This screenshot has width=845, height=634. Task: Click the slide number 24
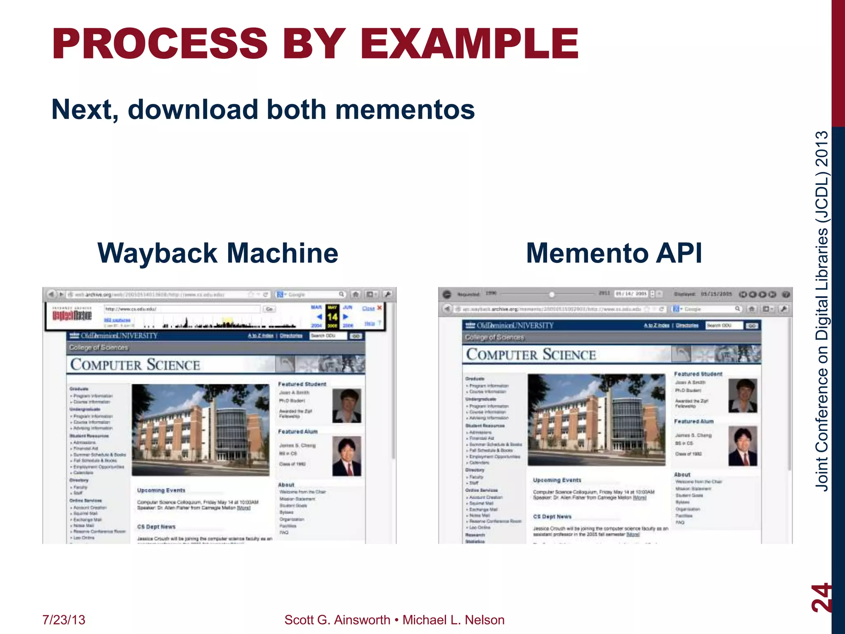click(x=820, y=597)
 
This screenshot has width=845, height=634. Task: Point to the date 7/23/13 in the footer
click(x=64, y=620)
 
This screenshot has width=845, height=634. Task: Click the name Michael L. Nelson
click(x=453, y=620)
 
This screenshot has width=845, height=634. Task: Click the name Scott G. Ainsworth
click(x=337, y=620)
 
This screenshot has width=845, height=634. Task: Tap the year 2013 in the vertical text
click(x=822, y=149)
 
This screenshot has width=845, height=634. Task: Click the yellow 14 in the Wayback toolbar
click(x=332, y=317)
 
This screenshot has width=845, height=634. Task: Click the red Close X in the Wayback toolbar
click(x=379, y=308)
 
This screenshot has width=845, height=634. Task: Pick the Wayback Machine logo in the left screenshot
click(x=72, y=315)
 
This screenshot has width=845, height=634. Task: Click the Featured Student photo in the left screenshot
click(x=347, y=405)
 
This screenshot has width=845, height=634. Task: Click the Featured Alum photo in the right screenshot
click(x=742, y=446)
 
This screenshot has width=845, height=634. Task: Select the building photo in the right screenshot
click(x=596, y=419)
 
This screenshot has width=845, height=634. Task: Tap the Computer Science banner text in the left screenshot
click(x=135, y=364)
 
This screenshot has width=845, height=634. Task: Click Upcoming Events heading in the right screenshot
click(x=557, y=480)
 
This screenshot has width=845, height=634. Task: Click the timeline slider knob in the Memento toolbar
click(x=552, y=294)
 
